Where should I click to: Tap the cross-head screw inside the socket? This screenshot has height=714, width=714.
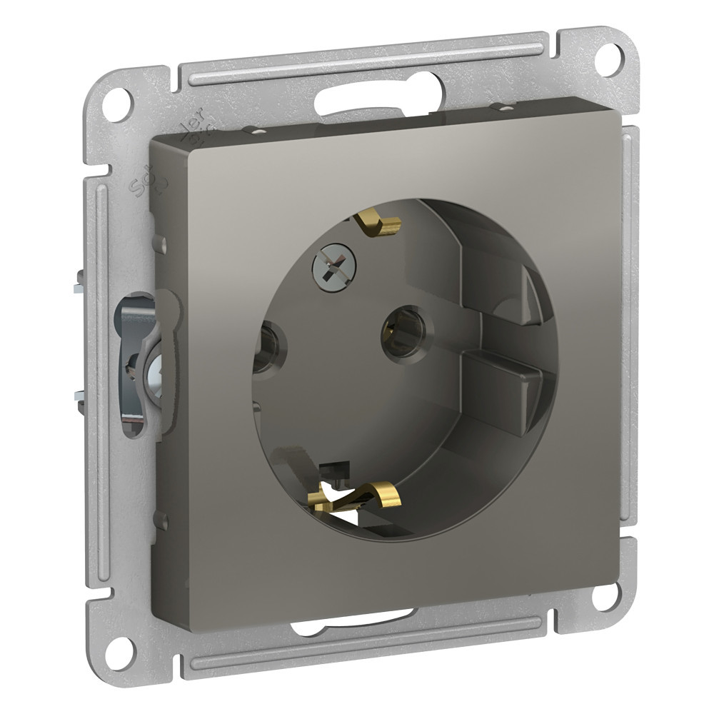(329, 267)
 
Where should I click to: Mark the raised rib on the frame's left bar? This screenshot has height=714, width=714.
(99, 357)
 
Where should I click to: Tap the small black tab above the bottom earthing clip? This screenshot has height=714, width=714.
(329, 468)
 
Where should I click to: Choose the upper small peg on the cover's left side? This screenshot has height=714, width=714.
(163, 244)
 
